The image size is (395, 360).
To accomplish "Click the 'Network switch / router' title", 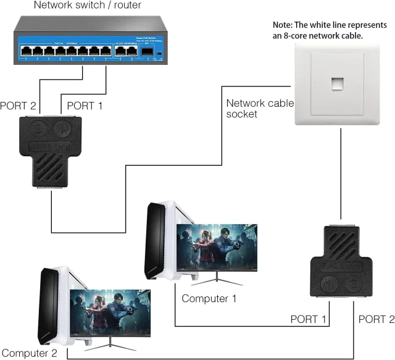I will (88, 6).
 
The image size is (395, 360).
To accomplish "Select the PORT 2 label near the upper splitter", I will (17, 106).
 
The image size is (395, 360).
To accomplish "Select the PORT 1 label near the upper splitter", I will (84, 106).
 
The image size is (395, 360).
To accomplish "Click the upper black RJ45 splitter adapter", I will (51, 148).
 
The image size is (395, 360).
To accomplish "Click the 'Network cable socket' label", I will (259, 108).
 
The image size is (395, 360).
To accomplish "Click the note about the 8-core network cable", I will (330, 30).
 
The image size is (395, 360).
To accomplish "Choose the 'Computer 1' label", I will (209, 299).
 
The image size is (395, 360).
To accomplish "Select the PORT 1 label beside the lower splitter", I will (308, 319).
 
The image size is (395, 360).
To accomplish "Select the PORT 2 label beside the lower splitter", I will (376, 319).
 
